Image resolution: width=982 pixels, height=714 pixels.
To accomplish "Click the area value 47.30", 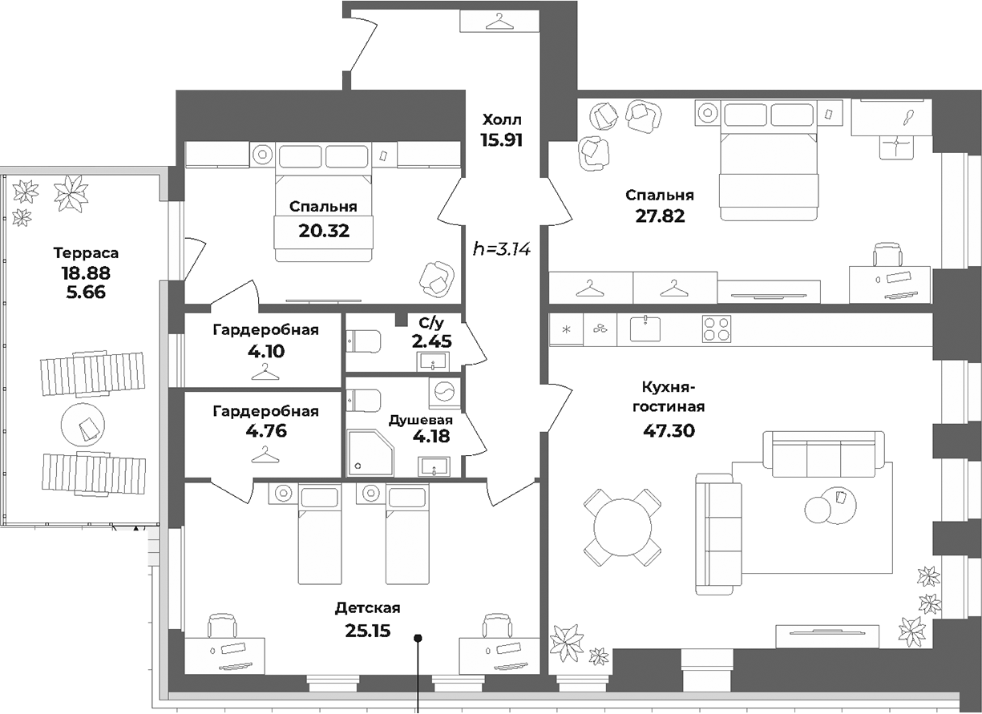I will point(669,431).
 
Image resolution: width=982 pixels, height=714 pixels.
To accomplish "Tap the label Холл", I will point(502,120).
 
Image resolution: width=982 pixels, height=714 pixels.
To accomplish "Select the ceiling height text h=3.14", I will point(503,249).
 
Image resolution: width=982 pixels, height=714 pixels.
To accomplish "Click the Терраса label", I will point(86,253).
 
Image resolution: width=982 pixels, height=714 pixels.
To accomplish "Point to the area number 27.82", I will point(659,216).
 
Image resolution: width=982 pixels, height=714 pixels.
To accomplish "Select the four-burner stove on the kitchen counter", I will point(717,329).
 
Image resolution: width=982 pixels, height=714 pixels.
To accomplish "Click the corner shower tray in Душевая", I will point(368,454).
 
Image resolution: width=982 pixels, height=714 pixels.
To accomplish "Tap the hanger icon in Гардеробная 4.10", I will point(265,371).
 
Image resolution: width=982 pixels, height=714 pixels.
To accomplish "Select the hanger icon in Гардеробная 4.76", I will point(265,455).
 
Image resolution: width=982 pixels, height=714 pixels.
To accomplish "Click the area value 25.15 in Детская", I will point(367,631).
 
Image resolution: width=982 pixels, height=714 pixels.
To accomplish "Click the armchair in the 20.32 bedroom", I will point(437,278).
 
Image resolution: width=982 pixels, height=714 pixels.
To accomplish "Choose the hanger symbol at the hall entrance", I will point(499,21).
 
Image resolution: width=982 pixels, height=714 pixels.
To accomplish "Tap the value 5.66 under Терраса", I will point(85,292).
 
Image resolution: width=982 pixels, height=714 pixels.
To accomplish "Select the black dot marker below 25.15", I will point(418,639).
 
